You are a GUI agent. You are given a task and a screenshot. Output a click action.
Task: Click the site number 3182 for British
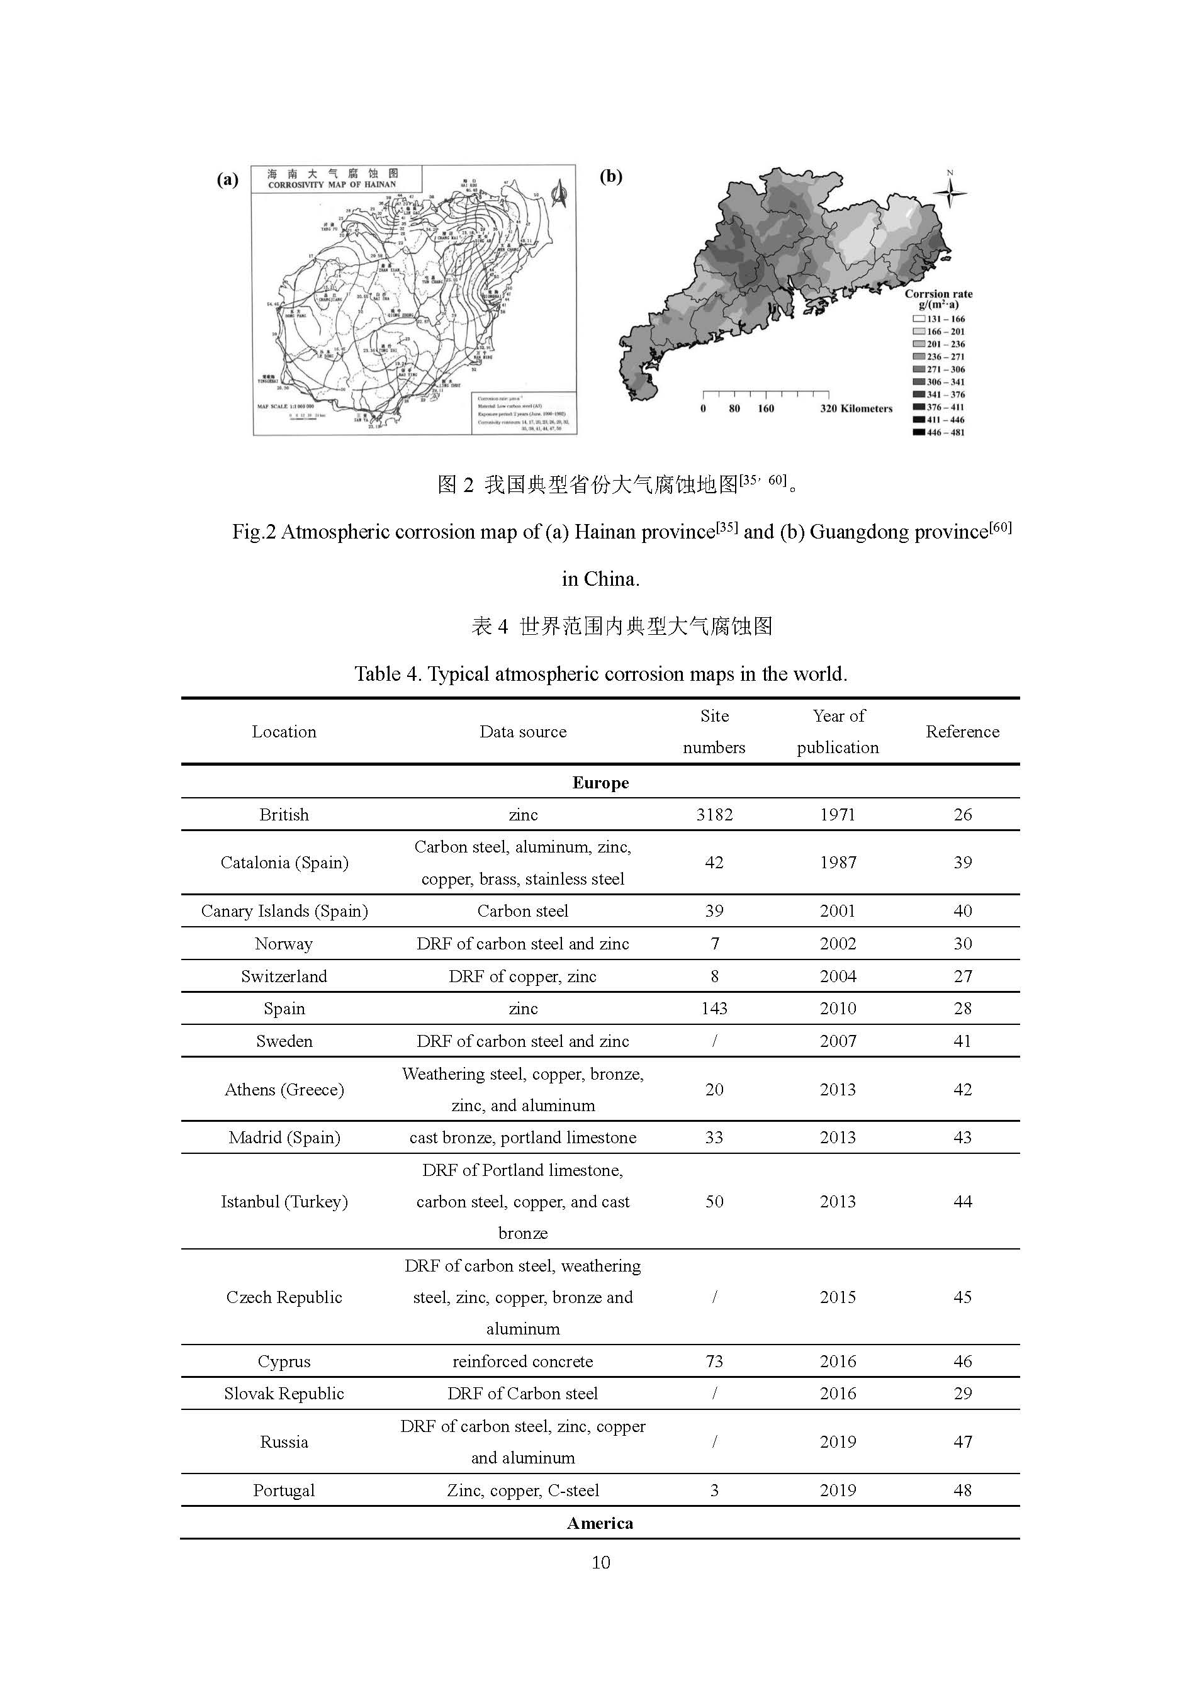(713, 815)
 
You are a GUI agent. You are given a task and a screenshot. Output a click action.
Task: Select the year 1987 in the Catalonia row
(838, 863)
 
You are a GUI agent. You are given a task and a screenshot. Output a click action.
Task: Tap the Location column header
(284, 732)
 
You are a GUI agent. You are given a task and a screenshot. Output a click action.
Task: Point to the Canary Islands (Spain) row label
(284, 911)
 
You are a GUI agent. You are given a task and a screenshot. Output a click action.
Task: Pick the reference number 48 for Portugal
(962, 1490)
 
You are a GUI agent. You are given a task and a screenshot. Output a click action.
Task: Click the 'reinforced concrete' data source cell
(522, 1361)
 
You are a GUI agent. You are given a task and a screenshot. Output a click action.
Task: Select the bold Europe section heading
(600, 783)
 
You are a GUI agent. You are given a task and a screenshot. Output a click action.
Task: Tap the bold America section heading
(600, 1523)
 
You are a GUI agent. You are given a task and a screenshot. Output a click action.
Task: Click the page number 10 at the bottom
(600, 1562)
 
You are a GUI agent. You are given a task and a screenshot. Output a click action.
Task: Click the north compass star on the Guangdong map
(950, 193)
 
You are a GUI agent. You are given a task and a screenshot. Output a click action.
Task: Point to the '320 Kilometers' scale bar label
(856, 409)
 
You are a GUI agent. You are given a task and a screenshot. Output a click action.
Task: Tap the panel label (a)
(227, 180)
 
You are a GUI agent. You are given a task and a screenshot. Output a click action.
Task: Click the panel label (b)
(610, 176)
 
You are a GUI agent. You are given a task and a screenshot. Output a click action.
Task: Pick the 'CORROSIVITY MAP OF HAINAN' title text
(332, 184)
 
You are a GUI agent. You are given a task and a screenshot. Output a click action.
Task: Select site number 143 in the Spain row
(713, 1009)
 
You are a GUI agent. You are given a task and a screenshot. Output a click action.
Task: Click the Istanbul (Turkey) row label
(284, 1202)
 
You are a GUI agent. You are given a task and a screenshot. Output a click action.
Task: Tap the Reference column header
(962, 732)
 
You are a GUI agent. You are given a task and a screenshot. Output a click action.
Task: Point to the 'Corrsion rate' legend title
(938, 294)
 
